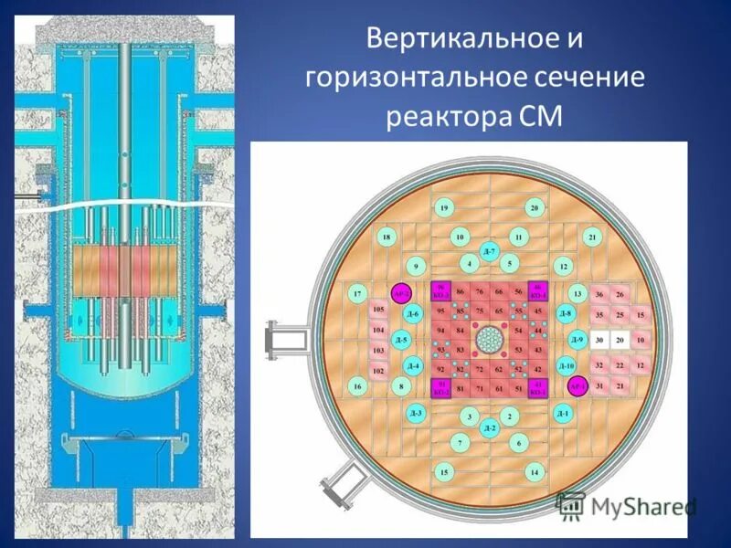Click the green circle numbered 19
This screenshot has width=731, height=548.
(x=443, y=209)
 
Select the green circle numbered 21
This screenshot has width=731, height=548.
(x=592, y=237)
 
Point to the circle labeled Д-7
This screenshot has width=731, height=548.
(x=489, y=252)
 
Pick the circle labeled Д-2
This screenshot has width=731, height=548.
(x=490, y=427)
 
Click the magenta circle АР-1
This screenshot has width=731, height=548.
(x=577, y=386)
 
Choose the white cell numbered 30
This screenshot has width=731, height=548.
(x=599, y=340)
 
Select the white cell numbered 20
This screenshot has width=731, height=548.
(x=620, y=340)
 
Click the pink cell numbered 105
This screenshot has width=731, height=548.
(x=378, y=310)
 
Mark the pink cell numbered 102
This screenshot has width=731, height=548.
(x=378, y=371)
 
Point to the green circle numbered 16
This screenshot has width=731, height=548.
(x=357, y=387)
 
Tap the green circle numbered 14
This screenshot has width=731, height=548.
(x=534, y=471)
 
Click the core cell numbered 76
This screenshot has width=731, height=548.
(x=480, y=291)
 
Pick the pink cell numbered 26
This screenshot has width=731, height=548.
(x=620, y=294)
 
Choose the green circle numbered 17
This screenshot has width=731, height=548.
(x=357, y=293)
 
